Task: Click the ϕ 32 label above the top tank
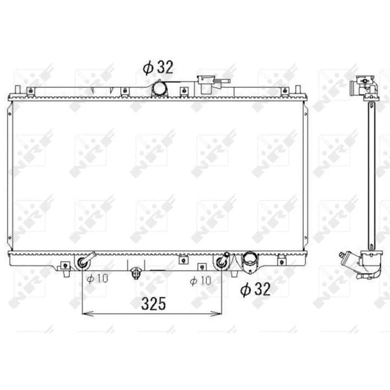click(158, 67)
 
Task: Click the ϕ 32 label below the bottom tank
click(255, 289)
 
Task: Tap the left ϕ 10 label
click(98, 278)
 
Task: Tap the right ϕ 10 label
click(201, 281)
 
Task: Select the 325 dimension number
click(153, 304)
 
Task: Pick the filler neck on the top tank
click(209, 84)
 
